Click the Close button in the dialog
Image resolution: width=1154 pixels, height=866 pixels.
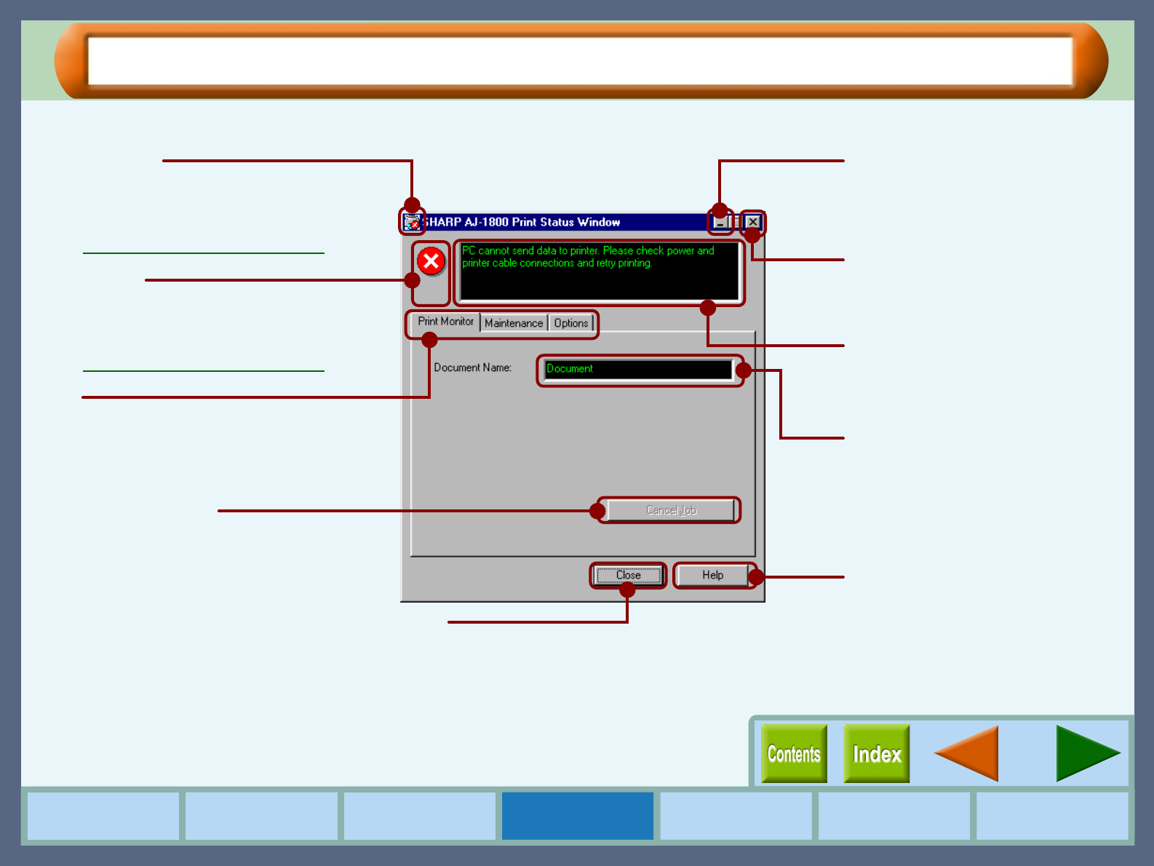point(628,575)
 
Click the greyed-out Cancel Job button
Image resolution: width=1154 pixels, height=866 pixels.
point(671,510)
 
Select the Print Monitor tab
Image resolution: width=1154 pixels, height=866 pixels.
point(445,322)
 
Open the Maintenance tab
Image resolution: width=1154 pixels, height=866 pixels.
point(514,323)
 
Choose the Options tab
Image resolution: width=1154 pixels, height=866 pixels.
point(571,323)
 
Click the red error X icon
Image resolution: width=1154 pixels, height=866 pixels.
point(431,261)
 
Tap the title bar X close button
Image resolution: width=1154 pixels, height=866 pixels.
point(753,222)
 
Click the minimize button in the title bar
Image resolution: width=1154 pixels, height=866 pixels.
point(720,222)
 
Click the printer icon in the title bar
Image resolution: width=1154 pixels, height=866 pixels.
point(412,222)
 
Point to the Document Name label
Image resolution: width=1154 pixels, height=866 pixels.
point(472,368)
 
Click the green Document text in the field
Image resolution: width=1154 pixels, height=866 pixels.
point(570,369)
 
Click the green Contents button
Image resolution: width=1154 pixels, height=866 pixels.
point(794,754)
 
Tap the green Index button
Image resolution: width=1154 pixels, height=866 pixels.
point(877,754)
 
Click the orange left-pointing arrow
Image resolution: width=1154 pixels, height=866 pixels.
point(968,754)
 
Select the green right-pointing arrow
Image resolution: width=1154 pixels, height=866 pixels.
point(1086,754)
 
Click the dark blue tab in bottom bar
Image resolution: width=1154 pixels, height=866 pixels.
point(578,816)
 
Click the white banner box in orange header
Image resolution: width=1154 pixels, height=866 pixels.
point(580,61)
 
